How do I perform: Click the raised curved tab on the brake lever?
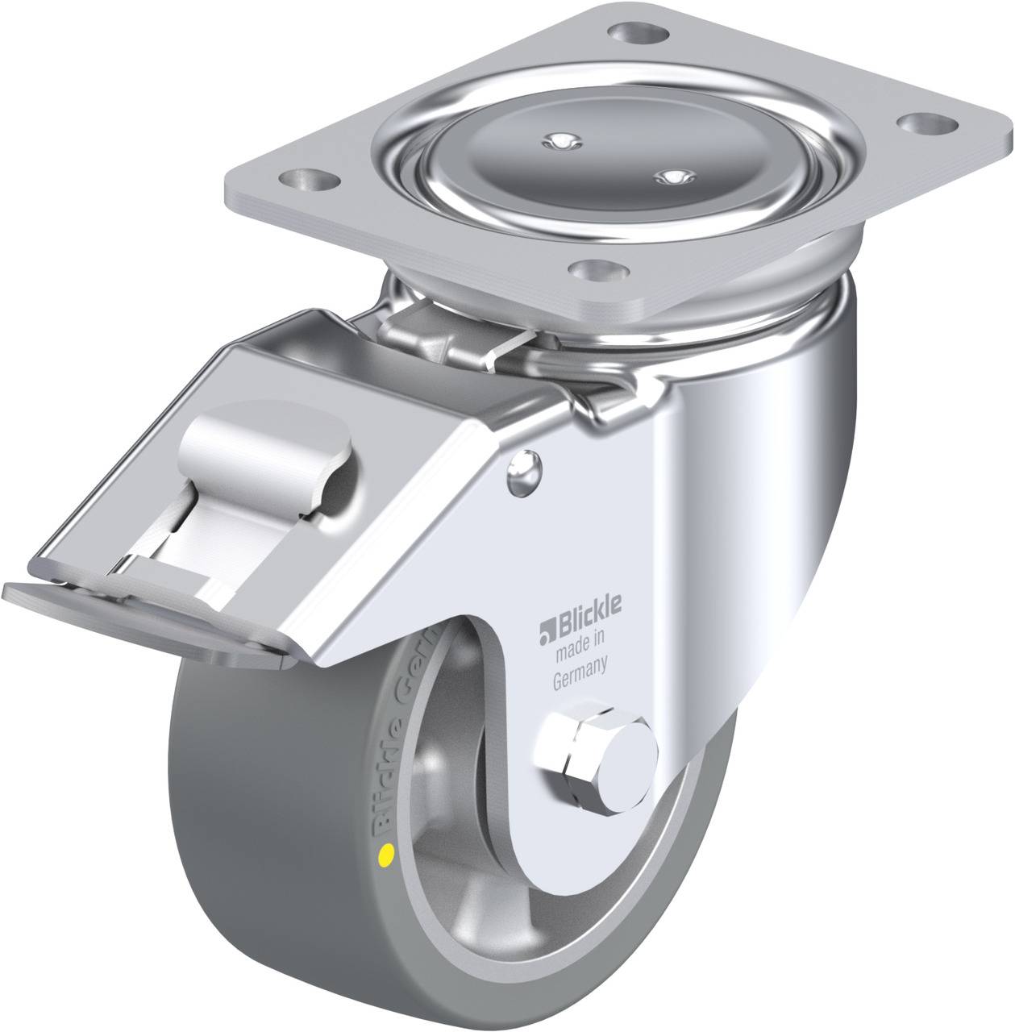258,440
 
